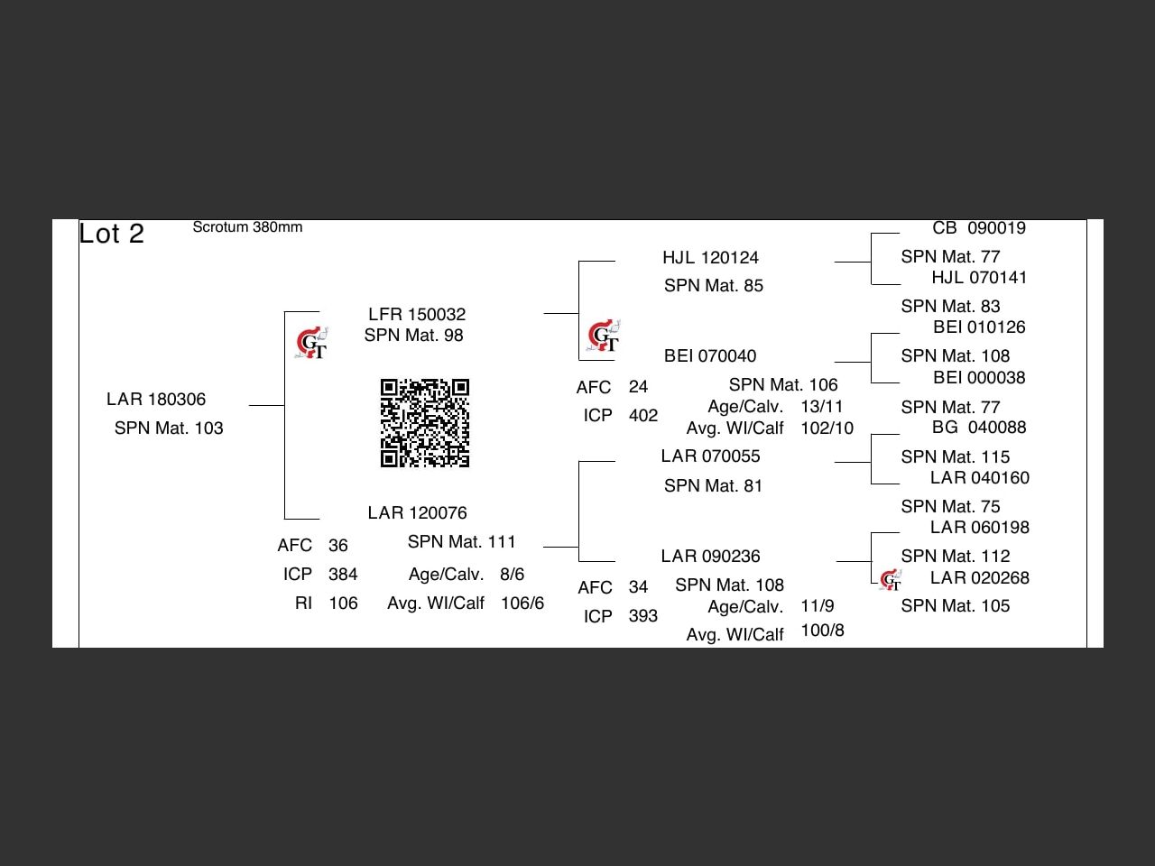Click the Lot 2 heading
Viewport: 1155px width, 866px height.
pos(111,234)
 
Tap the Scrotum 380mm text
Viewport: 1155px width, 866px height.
pos(247,227)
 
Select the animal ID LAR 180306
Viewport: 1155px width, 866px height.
pos(156,399)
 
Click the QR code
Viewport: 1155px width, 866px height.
pos(424,423)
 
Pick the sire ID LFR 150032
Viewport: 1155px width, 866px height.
pos(417,314)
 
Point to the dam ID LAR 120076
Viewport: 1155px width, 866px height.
pos(417,512)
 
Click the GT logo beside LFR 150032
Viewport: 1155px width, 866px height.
pos(312,344)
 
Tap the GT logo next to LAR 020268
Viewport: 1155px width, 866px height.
pos(891,580)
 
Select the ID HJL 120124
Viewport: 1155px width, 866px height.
pos(710,257)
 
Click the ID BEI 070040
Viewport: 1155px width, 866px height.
pos(710,355)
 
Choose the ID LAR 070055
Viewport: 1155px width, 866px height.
pos(710,456)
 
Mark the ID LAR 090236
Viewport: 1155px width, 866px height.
pos(710,556)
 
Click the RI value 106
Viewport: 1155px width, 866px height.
pos(343,603)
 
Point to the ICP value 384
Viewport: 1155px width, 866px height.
pos(343,574)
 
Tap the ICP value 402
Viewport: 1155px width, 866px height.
pos(643,415)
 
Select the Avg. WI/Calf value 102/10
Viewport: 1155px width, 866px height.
pos(827,428)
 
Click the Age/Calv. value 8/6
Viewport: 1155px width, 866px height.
pos(512,574)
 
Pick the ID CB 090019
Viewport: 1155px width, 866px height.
pos(979,228)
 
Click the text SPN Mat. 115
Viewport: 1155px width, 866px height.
pos(955,456)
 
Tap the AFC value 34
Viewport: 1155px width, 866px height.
pos(638,587)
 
